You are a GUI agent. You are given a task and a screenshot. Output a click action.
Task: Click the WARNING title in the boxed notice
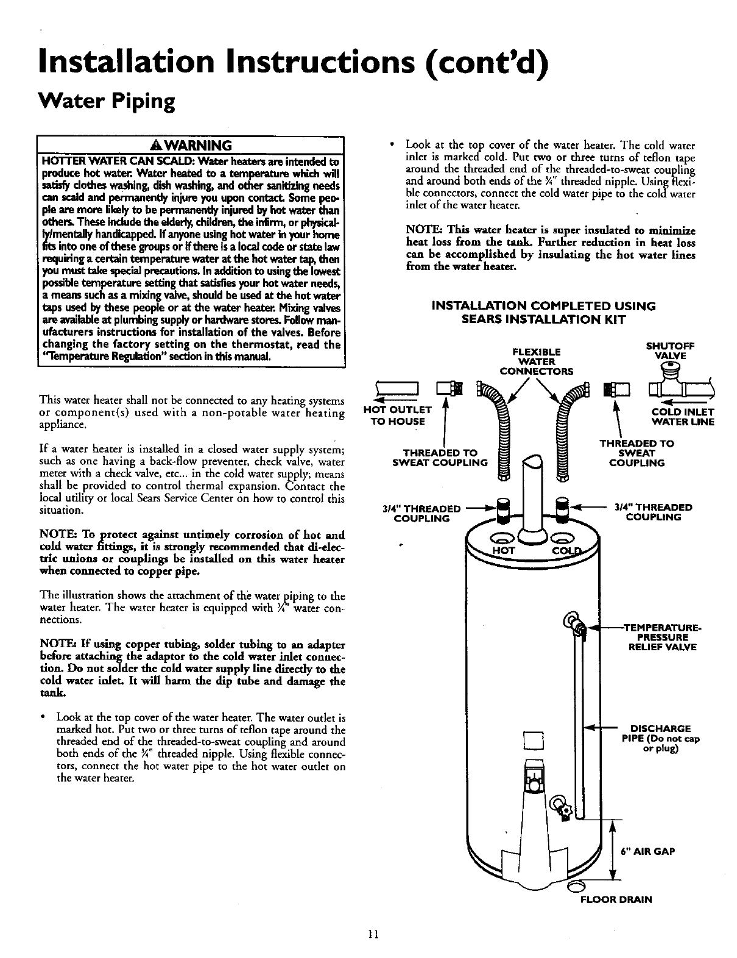[191, 146]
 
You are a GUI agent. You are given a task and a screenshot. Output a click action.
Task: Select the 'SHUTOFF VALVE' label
[670, 351]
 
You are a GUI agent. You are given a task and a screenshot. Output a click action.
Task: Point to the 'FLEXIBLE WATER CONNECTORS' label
[536, 361]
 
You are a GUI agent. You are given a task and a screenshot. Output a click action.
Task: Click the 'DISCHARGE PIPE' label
[661, 739]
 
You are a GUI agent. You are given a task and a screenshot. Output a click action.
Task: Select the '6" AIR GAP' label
[647, 851]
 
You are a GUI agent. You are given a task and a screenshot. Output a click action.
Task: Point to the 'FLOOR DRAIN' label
[615, 899]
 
